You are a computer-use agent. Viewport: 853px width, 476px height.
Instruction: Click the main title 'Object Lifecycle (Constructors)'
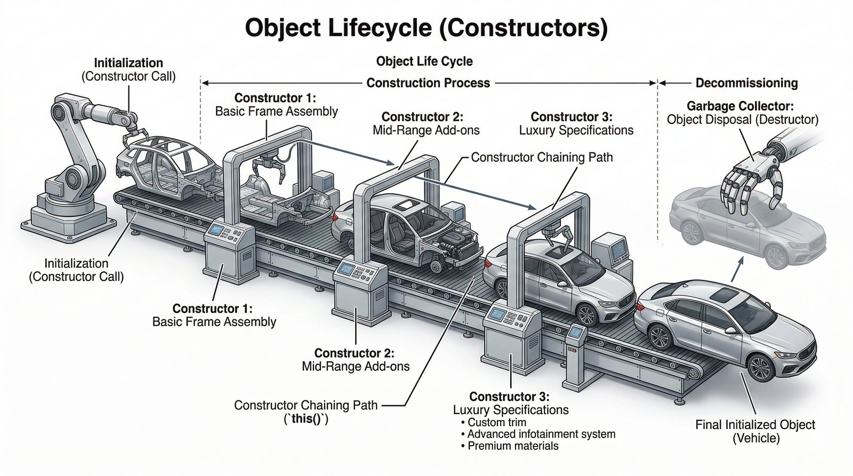click(x=425, y=28)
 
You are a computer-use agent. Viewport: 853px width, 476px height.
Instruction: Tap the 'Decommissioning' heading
click(x=746, y=83)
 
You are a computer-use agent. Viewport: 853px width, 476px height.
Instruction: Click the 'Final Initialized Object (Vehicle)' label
click(x=755, y=431)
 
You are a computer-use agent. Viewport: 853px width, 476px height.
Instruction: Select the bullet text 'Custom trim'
click(x=496, y=423)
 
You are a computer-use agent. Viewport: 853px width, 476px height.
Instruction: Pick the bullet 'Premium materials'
click(x=512, y=446)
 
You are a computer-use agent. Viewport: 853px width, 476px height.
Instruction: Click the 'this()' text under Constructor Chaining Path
click(x=305, y=419)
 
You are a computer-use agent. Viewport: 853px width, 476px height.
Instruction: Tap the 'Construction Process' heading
click(x=428, y=83)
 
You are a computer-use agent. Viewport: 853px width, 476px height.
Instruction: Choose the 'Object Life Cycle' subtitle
click(x=424, y=61)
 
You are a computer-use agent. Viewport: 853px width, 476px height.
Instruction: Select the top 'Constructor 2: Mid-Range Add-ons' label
click(x=422, y=123)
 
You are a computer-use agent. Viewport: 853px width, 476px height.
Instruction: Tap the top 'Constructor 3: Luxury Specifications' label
click(x=576, y=123)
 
